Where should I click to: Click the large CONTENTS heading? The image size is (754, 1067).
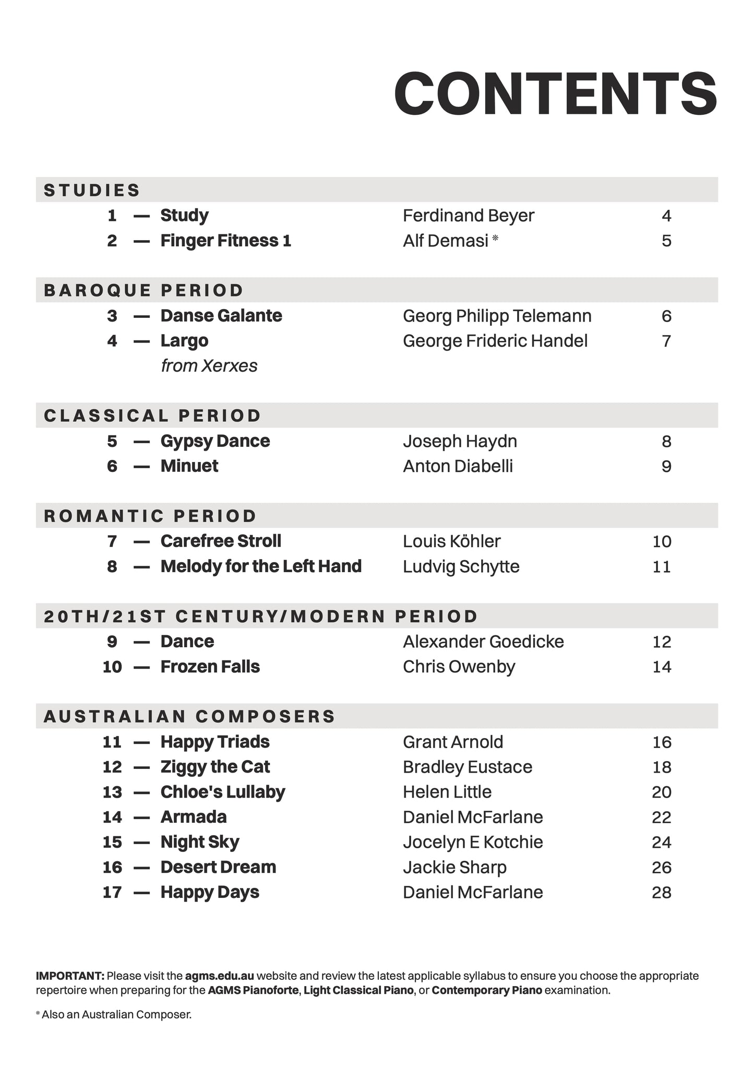click(555, 94)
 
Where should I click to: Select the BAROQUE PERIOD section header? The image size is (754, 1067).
click(143, 290)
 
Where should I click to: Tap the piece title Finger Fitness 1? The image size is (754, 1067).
click(225, 241)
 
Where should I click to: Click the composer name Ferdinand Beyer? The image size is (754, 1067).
click(468, 216)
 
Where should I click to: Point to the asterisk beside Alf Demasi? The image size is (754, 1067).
click(495, 239)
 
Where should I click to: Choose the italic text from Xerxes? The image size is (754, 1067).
click(209, 366)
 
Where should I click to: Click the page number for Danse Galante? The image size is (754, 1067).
click(666, 316)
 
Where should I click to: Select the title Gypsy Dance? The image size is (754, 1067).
click(215, 441)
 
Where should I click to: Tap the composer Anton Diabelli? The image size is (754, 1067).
click(458, 466)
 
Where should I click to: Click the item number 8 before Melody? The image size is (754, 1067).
click(112, 566)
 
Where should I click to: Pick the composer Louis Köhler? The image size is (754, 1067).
click(451, 541)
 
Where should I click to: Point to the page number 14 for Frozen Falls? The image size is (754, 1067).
click(661, 667)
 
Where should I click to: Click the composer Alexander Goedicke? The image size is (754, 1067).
click(483, 642)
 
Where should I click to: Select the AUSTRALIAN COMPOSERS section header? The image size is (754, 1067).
click(189, 716)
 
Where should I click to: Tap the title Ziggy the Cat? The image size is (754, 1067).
click(215, 767)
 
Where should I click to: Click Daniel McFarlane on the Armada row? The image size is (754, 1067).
click(473, 817)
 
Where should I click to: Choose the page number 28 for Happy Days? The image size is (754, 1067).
click(661, 892)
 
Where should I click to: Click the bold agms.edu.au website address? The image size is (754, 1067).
click(219, 976)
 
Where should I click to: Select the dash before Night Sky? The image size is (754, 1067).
click(141, 842)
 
